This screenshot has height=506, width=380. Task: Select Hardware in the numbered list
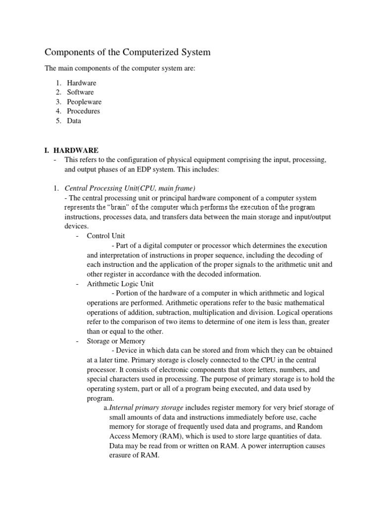pyautogui.click(x=82, y=83)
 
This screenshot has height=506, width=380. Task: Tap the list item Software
pyautogui.click(x=80, y=92)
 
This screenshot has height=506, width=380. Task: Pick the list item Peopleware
pyautogui.click(x=84, y=102)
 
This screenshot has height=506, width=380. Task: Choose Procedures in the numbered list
pyautogui.click(x=84, y=111)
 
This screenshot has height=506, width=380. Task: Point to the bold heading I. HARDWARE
pyautogui.click(x=72, y=150)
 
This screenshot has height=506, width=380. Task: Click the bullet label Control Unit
pyautogui.click(x=106, y=236)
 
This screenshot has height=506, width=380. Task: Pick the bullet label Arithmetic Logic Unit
pyautogui.click(x=120, y=284)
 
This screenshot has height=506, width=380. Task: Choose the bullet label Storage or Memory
pyautogui.click(x=116, y=341)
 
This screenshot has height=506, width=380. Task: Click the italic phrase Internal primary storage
pyautogui.click(x=146, y=408)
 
